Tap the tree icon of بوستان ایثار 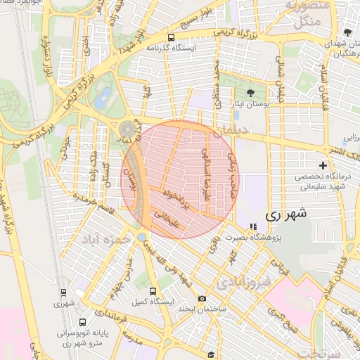click(x=251, y=93)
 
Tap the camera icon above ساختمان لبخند click(x=202, y=299)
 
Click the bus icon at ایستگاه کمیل click(x=153, y=290)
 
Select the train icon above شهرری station click(x=64, y=292)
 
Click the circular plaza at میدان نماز click(x=128, y=129)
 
